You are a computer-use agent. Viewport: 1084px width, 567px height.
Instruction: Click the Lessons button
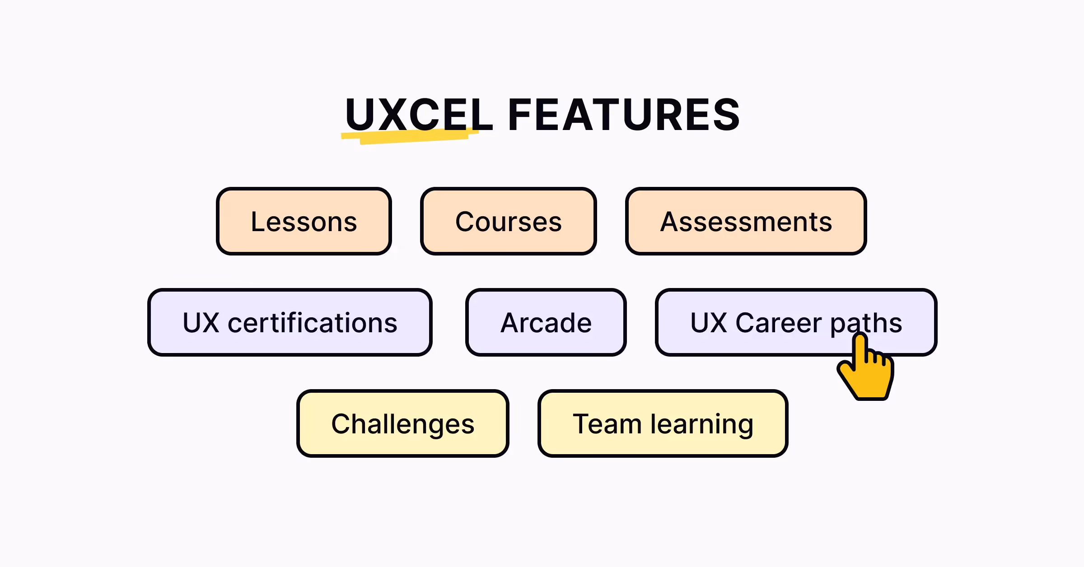point(304,221)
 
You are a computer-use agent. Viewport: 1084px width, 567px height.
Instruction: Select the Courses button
point(508,221)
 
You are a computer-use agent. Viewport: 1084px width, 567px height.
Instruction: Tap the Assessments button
point(746,221)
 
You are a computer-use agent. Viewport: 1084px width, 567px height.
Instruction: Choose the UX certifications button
point(290,322)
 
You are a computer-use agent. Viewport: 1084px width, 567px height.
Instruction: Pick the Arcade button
point(546,322)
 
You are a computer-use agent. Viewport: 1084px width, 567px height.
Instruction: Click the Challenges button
point(402,423)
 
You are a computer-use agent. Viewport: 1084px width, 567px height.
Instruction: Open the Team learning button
point(663,423)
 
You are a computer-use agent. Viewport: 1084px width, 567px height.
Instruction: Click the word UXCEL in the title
point(418,115)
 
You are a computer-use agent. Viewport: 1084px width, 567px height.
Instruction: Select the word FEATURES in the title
point(623,115)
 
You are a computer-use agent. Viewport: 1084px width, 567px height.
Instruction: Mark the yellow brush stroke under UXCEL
point(409,136)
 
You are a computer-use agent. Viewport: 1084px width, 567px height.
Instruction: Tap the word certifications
point(313,323)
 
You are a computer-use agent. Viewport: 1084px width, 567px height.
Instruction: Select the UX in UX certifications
point(201,323)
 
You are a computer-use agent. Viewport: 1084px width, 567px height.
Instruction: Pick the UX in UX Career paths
point(709,323)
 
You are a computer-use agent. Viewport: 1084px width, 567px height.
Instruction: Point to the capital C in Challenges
point(341,424)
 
